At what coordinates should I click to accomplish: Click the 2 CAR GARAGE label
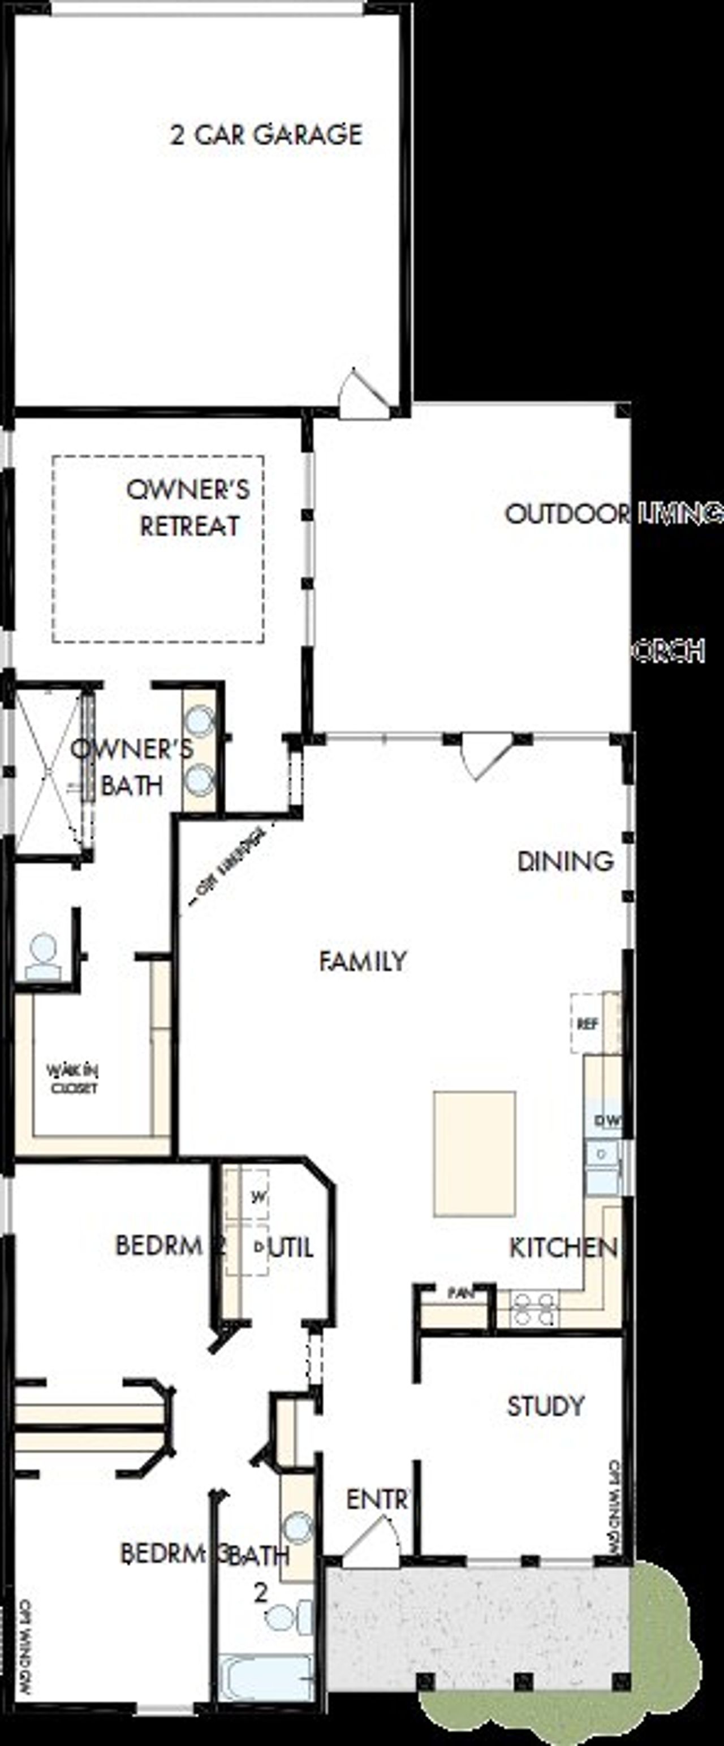pyautogui.click(x=266, y=134)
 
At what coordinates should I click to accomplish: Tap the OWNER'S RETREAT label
pyautogui.click(x=188, y=508)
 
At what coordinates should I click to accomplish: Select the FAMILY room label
pyautogui.click(x=363, y=961)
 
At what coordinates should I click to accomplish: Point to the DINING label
pyautogui.click(x=566, y=862)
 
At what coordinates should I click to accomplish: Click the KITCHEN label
pyautogui.click(x=563, y=1248)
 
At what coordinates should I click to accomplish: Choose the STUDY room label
pyautogui.click(x=545, y=1406)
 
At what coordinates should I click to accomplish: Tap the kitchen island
pyautogui.click(x=475, y=1153)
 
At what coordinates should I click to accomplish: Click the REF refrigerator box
pyautogui.click(x=587, y=1023)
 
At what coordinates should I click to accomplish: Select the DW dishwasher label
pyautogui.click(x=607, y=1121)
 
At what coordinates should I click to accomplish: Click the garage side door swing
pyautogui.click(x=363, y=391)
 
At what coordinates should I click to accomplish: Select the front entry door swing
pyautogui.click(x=372, y=1537)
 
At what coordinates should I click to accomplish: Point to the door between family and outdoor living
pyautogui.click(x=484, y=754)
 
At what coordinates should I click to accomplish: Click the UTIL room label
pyautogui.click(x=291, y=1248)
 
